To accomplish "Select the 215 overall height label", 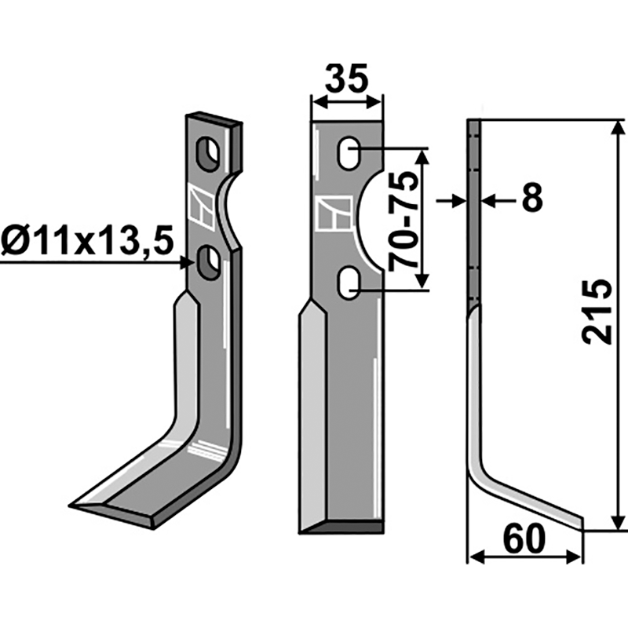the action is point(597,312).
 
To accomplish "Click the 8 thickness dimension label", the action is point(533,198).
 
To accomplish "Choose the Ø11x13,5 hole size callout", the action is point(87,242).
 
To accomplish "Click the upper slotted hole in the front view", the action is point(349,153).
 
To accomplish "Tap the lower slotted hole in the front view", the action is point(349,283).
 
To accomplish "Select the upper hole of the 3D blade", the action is point(208,154).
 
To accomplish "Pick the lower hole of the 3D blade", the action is point(208,263).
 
